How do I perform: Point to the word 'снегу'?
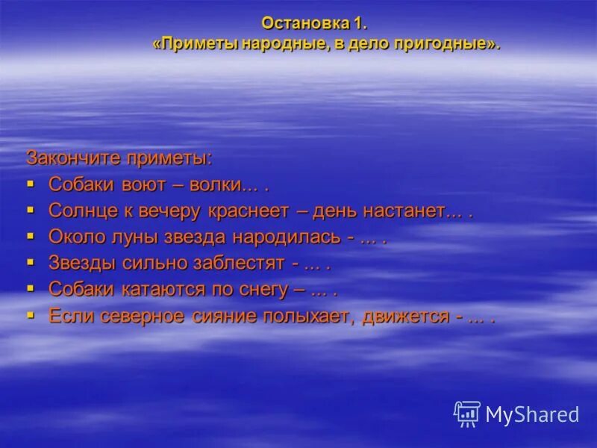point(262,289)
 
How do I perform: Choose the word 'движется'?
point(406,315)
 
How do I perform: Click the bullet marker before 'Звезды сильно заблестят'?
point(31,262)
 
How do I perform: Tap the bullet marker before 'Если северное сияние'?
point(31,314)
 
